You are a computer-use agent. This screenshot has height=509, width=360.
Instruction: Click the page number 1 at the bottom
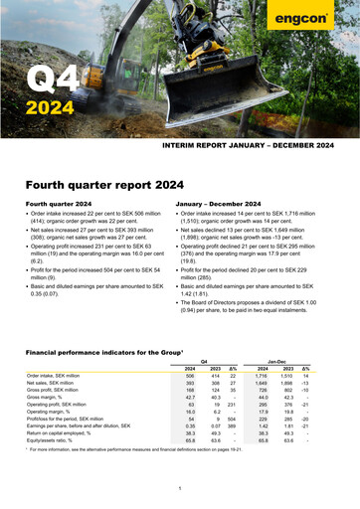click(178, 486)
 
